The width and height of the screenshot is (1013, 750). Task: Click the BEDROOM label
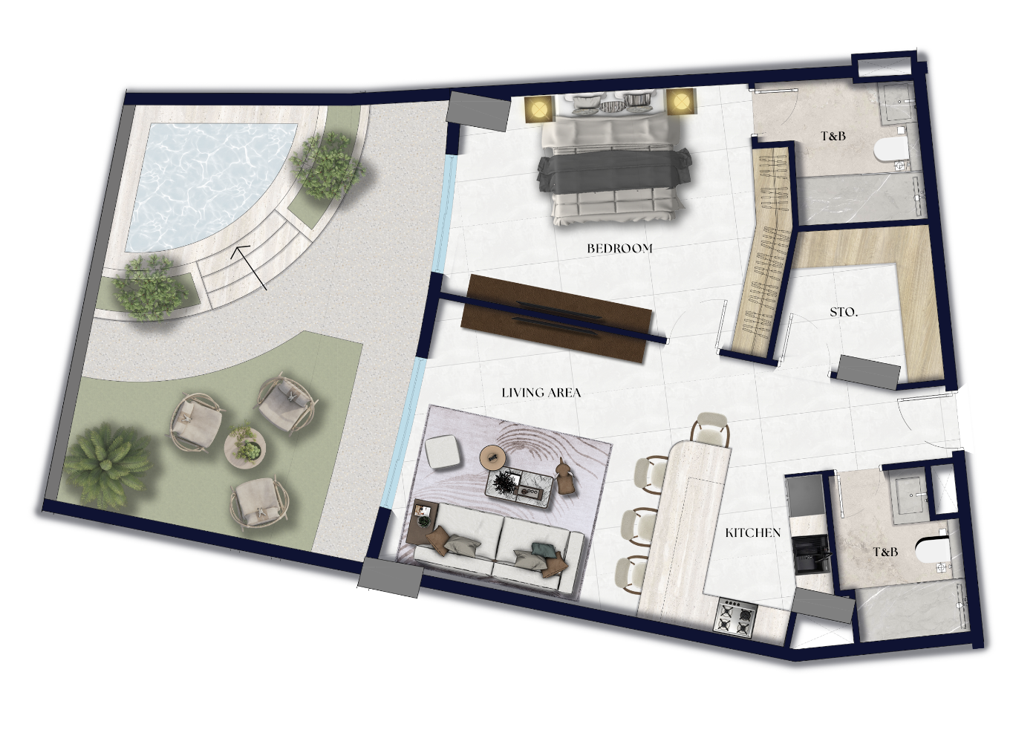point(619,249)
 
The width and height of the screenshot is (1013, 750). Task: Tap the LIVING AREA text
point(541,392)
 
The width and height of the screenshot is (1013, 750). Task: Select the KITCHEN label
point(752,532)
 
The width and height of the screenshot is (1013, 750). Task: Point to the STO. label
point(844,313)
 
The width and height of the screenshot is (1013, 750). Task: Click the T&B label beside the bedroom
point(833,136)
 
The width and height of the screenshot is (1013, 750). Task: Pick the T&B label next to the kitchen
point(885,552)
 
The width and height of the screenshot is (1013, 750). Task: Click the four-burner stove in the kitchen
point(735,617)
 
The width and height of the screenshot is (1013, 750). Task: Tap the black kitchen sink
point(811,554)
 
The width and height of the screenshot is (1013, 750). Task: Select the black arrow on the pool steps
point(249,267)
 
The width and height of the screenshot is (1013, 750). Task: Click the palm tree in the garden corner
point(108,466)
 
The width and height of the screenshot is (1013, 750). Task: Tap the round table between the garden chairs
point(244,446)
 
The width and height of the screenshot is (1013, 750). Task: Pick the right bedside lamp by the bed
point(680,102)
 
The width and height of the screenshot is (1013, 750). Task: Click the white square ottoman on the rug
point(442,451)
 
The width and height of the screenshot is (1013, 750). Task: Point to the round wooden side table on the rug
point(492,457)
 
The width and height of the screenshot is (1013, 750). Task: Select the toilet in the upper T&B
point(891,149)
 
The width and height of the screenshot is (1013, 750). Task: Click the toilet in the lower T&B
point(933,551)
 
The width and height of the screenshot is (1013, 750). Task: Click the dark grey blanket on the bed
point(614,170)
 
